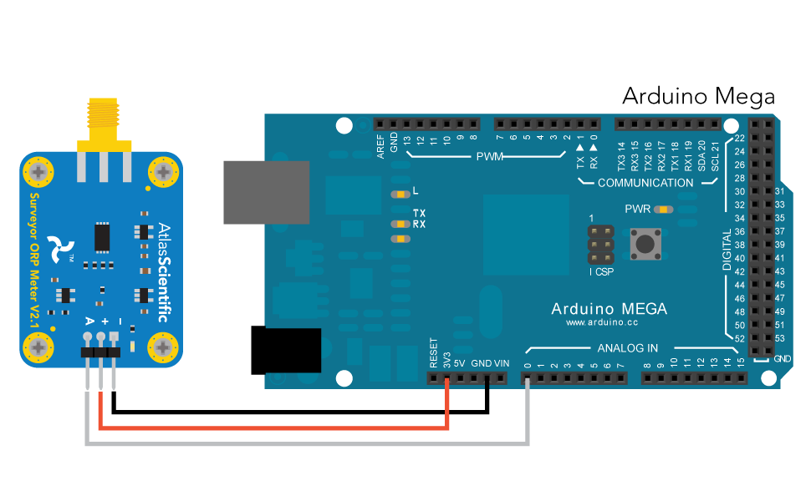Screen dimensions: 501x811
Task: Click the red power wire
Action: click(x=276, y=428)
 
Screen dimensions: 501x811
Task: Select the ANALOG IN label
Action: click(x=627, y=348)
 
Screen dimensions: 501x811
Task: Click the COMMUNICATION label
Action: click(x=645, y=183)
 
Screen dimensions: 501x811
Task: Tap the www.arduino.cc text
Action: click(x=602, y=321)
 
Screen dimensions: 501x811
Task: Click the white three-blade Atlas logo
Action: click(x=59, y=247)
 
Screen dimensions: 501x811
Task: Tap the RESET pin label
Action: click(x=433, y=354)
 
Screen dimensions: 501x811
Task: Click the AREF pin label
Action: click(x=380, y=146)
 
